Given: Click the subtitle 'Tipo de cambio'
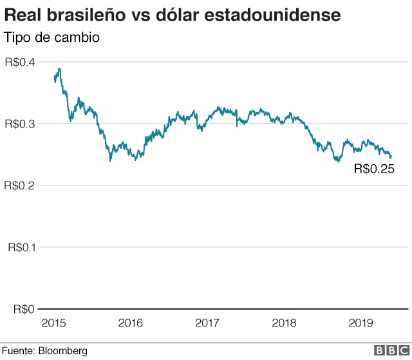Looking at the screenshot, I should coord(52,37).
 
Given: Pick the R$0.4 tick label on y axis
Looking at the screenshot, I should coord(20,62).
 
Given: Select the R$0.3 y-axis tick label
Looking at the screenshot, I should coord(20,124).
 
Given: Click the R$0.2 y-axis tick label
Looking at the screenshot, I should coord(20,185).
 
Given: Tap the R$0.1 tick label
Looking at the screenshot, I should coord(20,247).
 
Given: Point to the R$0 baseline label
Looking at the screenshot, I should coord(24,309).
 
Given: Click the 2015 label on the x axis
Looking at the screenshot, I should coord(54,322).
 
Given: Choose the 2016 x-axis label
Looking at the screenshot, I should coord(130,322).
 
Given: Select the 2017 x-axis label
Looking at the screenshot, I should coord(207,322).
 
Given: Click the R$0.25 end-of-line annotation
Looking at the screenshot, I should coord(374,170).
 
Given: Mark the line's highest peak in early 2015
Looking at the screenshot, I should coord(59,69).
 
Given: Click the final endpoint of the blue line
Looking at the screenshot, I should coord(391,156).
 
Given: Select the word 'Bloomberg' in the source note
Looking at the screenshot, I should coord(62,351).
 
